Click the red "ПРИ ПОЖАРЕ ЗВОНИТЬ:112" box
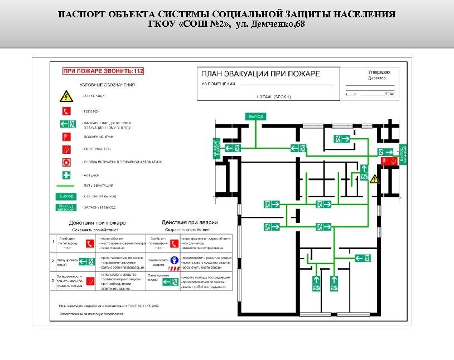pyautogui.click(x=103, y=71)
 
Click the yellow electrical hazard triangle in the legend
pyautogui.click(x=66, y=96)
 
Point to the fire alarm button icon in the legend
pyautogui.click(x=66, y=162)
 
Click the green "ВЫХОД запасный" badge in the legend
pyautogui.click(x=66, y=207)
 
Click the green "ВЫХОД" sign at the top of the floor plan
pyautogui.click(x=255, y=116)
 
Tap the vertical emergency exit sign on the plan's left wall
pyautogui.click(x=216, y=148)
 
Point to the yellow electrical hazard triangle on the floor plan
pyautogui.click(x=375, y=179)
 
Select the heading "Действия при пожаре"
pyautogui.click(x=98, y=222)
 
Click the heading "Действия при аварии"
pyautogui.click(x=186, y=222)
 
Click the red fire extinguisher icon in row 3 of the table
pyautogui.click(x=90, y=281)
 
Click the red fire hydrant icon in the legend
pyautogui.click(x=66, y=136)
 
